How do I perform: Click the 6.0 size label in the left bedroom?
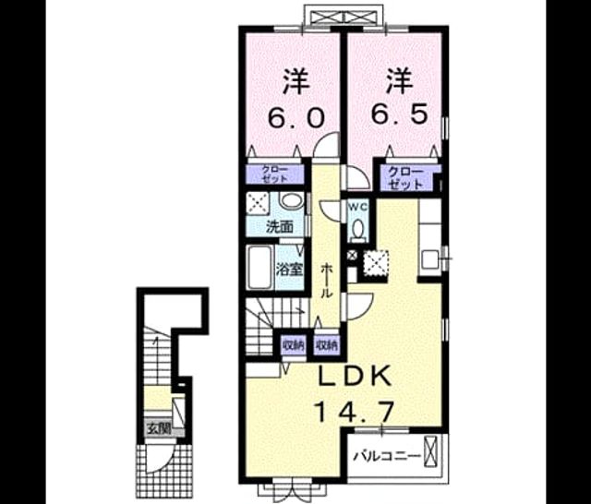point(295,117)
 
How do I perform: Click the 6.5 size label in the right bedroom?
point(400,114)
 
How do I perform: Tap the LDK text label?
point(355,377)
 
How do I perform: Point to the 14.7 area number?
point(354,412)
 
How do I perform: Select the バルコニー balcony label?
point(387,457)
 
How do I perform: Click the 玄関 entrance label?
point(159,428)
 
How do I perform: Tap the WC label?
point(357,207)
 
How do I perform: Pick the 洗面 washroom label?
point(280,227)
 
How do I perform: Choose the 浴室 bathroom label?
point(289,270)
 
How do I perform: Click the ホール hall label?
point(326,281)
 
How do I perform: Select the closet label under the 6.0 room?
point(275,174)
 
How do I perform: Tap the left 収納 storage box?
point(294,345)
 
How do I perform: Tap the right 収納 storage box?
point(327,345)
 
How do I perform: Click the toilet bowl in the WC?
point(358,228)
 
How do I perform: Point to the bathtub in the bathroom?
point(259,267)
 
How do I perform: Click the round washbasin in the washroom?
point(292,199)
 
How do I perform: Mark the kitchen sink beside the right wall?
point(430,259)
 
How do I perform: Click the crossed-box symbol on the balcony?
point(430,451)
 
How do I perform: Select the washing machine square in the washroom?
point(258,204)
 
